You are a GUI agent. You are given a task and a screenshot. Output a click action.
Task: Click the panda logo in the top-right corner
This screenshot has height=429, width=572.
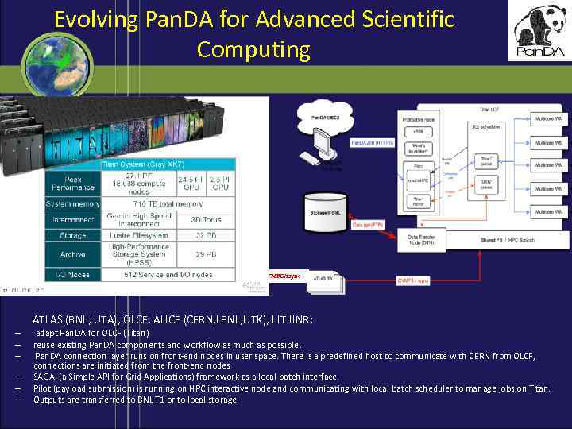click(539, 31)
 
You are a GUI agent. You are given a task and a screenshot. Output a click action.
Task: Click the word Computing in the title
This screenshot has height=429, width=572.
click(253, 49)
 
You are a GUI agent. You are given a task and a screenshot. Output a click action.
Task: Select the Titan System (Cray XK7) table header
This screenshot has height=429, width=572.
click(143, 164)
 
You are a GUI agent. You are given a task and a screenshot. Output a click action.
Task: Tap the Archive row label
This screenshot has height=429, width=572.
click(74, 254)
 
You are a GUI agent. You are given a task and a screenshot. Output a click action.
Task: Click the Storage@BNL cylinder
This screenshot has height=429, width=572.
click(326, 211)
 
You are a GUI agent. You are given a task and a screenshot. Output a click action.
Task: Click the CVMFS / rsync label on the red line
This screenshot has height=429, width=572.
click(413, 280)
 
